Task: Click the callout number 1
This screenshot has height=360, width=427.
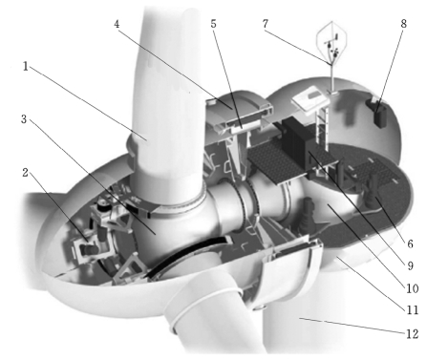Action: tap(26, 66)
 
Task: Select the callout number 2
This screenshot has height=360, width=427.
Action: tap(25, 172)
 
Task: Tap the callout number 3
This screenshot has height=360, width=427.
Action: tap(24, 119)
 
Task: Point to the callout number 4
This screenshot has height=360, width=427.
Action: tap(117, 24)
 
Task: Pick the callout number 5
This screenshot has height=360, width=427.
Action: tap(213, 24)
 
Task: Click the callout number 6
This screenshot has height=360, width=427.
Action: tap(410, 244)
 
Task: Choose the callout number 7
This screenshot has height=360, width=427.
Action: tap(266, 24)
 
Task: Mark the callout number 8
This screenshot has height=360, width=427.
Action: tap(403, 24)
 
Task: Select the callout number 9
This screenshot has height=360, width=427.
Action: tap(410, 265)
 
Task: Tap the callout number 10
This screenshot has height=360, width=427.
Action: tap(413, 288)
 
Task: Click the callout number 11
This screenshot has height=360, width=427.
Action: tap(413, 309)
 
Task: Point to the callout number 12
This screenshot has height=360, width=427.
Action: tap(413, 333)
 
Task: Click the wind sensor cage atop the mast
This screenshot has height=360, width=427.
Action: tap(331, 41)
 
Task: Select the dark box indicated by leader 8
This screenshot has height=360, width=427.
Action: tap(378, 114)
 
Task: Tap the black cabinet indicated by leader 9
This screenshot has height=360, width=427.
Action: tap(295, 141)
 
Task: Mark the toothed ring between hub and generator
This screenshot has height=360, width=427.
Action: tap(247, 201)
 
